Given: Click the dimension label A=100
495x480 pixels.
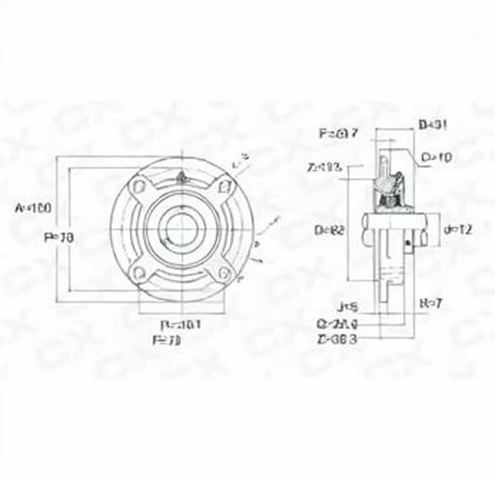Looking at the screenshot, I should click(x=33, y=208).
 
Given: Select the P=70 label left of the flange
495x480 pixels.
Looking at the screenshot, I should click(x=59, y=237).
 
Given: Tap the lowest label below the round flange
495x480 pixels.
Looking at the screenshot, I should click(x=167, y=340).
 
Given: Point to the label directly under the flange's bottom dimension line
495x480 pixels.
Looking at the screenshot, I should click(x=181, y=325).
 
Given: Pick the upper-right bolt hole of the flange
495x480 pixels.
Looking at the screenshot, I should click(x=224, y=187).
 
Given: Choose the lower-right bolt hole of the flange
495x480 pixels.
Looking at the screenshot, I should click(x=224, y=272).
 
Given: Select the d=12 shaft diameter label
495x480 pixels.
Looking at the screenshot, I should click(x=457, y=229).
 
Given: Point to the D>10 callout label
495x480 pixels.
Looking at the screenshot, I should click(x=436, y=157).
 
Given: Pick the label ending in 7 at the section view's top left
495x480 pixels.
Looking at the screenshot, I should click(x=338, y=133).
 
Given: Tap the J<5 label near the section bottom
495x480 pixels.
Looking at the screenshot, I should click(x=347, y=307).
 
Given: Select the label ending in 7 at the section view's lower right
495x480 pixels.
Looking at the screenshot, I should click(x=430, y=304).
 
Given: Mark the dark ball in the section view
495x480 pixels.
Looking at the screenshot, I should click(x=389, y=201).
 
